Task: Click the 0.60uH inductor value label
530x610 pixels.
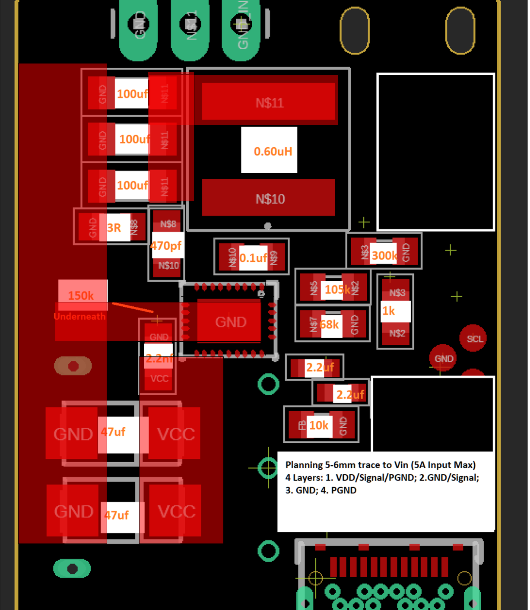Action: click(x=273, y=151)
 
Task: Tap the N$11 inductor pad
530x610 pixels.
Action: click(x=269, y=102)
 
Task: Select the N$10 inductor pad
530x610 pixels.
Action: click(x=269, y=198)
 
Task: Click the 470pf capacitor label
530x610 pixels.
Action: click(x=166, y=246)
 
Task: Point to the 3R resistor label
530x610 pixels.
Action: click(x=114, y=228)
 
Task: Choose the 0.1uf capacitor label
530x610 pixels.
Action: click(x=253, y=258)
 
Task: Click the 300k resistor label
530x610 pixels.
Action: click(x=384, y=255)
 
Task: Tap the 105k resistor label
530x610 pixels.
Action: click(x=337, y=289)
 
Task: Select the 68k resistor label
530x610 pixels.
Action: click(x=330, y=324)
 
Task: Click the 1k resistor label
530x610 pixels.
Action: click(x=389, y=311)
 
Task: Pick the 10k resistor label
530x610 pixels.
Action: click(x=319, y=426)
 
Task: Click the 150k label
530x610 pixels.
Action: click(x=81, y=295)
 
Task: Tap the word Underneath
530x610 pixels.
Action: click(x=80, y=316)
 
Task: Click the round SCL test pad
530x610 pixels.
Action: click(x=474, y=339)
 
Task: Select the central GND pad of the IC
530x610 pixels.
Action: click(x=230, y=322)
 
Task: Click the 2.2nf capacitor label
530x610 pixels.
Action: click(x=159, y=358)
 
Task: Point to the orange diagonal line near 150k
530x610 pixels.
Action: click(x=132, y=307)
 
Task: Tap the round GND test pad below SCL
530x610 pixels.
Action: click(x=443, y=359)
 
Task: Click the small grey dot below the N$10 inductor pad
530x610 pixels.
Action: click(x=268, y=226)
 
